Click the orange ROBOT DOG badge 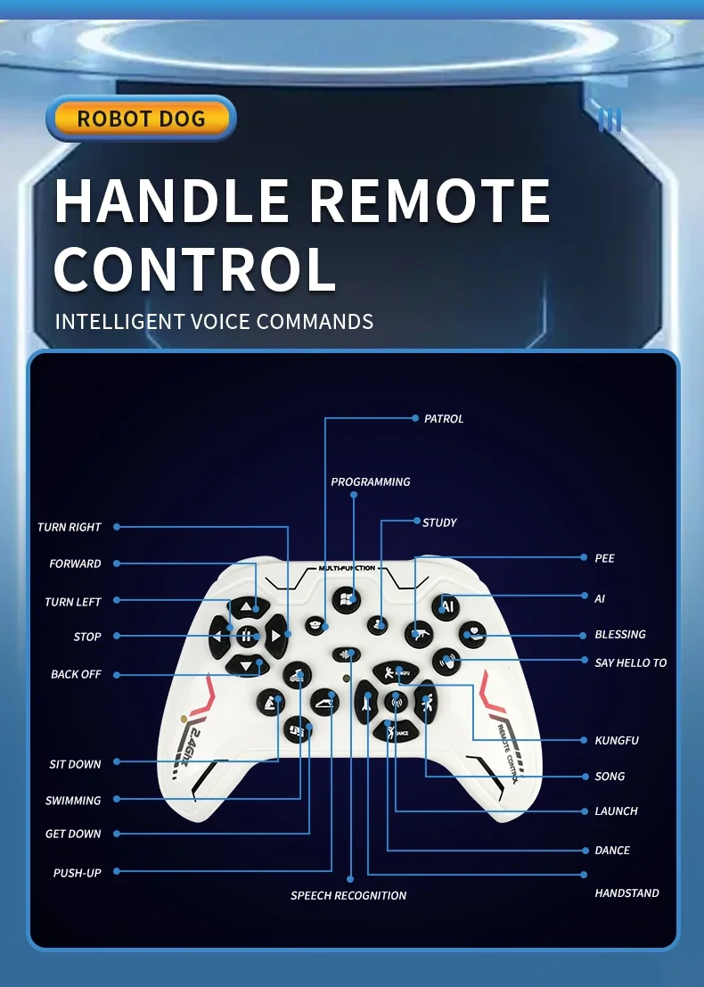[x=141, y=119]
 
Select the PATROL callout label [x=443, y=418]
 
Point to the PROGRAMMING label [x=371, y=481]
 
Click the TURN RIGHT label [x=70, y=527]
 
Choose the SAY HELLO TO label [x=630, y=662]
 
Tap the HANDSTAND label [x=626, y=892]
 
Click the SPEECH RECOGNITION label [x=348, y=895]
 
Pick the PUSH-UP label [x=78, y=873]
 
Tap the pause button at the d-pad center [x=248, y=636]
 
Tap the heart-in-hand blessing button [x=472, y=635]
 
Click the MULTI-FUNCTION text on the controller [x=347, y=568]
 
